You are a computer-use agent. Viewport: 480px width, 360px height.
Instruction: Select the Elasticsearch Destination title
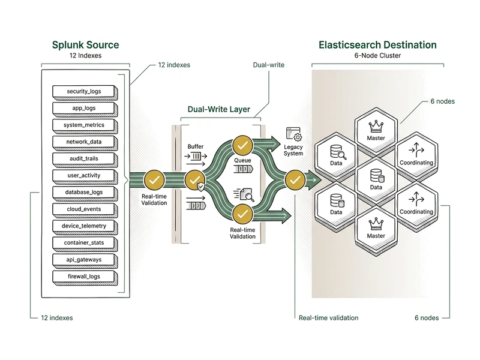click(x=377, y=45)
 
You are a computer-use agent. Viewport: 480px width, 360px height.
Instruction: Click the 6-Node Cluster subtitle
click(x=377, y=56)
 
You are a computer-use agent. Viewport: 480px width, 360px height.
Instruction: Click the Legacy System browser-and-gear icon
click(x=293, y=134)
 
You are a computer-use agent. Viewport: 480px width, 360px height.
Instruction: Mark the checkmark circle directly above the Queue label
click(x=242, y=144)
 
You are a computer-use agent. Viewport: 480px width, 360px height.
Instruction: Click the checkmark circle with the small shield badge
click(x=195, y=179)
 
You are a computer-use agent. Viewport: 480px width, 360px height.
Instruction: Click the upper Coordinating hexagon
click(x=416, y=154)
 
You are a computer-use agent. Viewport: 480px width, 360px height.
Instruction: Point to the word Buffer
click(x=196, y=146)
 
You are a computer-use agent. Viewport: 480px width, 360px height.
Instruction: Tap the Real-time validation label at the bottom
click(x=328, y=317)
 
